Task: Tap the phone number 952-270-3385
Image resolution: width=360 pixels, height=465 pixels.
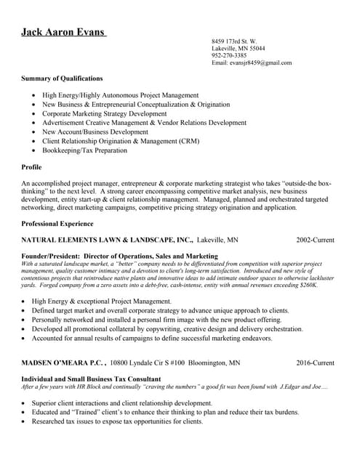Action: [x=229, y=55]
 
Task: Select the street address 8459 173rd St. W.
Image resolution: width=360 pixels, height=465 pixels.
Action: [x=233, y=41]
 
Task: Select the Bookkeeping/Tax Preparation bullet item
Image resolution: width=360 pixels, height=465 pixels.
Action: [x=84, y=150]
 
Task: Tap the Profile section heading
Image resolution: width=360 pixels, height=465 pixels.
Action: [x=32, y=168]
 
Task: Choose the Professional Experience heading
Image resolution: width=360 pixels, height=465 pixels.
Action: [x=57, y=223]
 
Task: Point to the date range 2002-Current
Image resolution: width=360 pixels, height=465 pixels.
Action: [x=315, y=239]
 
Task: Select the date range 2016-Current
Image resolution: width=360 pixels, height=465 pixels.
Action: [x=315, y=362]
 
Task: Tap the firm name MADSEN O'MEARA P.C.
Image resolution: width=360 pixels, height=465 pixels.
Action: [x=63, y=362]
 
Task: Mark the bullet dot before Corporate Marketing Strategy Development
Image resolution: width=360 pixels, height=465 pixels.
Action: [x=33, y=114]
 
